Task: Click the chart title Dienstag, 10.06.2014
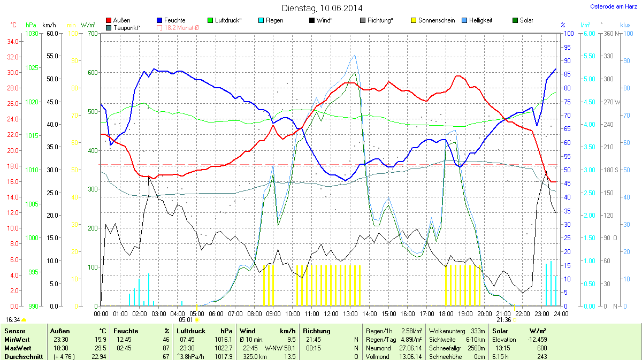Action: tap(322, 8)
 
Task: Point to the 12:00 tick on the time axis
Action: tap(331, 313)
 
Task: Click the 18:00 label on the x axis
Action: tap(446, 313)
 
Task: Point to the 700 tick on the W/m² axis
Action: tap(93, 34)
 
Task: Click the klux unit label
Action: tap(625, 25)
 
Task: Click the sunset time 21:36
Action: tap(504, 320)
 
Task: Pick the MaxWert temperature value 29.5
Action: tap(100, 348)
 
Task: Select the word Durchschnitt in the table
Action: tap(23, 356)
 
